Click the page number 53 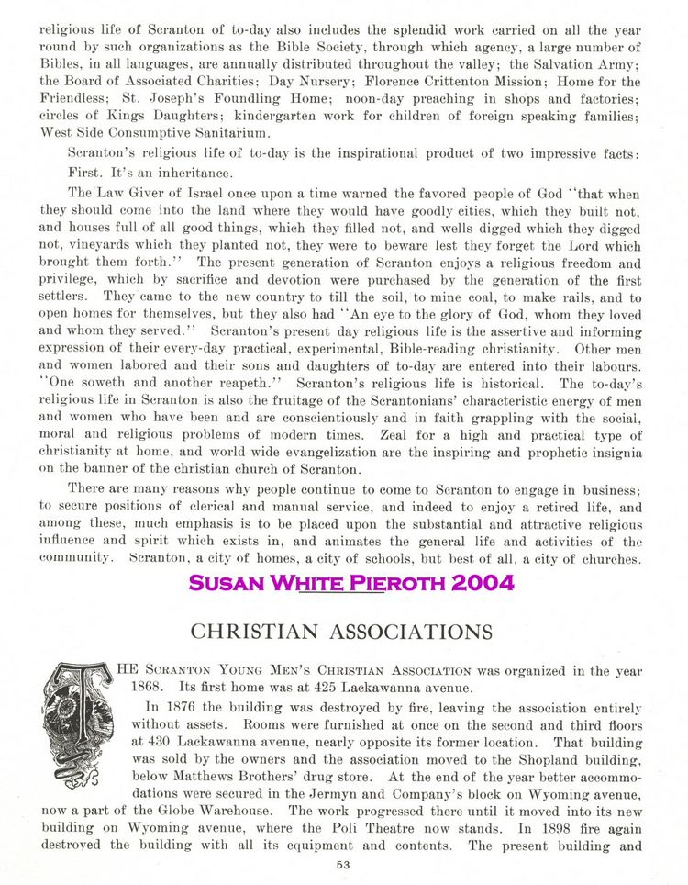pyautogui.click(x=344, y=866)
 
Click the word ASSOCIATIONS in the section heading pyautogui.click(x=401, y=632)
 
